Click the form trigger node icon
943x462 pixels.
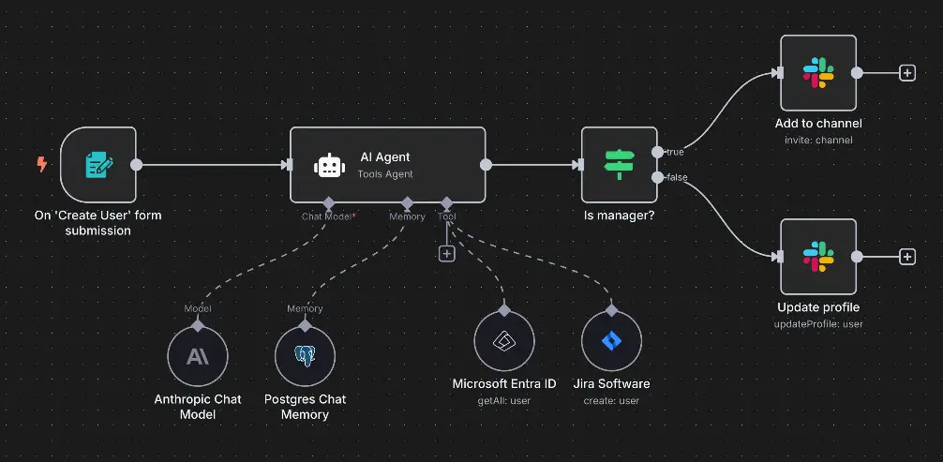(x=98, y=166)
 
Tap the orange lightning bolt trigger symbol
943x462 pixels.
(x=41, y=165)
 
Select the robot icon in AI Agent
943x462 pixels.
(x=327, y=166)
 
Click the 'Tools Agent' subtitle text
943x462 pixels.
(x=385, y=174)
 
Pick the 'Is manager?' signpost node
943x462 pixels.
(x=620, y=165)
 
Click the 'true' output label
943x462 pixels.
(x=674, y=152)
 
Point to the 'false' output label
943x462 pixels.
(x=676, y=177)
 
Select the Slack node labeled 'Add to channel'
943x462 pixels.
(x=818, y=73)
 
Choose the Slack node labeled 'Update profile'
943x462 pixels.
(x=818, y=257)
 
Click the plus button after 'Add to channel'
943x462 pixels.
(x=906, y=73)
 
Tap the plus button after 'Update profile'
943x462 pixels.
(x=906, y=257)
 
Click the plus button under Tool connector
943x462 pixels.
(x=446, y=253)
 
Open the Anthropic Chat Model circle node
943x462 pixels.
(x=198, y=356)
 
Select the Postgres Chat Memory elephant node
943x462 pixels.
(x=305, y=356)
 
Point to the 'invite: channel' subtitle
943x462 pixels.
(x=818, y=141)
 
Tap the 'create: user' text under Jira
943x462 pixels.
(x=611, y=400)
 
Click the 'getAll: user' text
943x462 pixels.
(x=504, y=400)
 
